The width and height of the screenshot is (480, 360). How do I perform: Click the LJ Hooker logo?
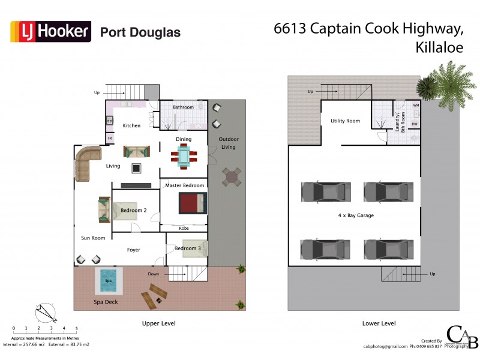click(x=50, y=31)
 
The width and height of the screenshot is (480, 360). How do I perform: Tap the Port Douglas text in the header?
click(x=140, y=32)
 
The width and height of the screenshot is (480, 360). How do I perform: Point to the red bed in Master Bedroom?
click(x=193, y=202)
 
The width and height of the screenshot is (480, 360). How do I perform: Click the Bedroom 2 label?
click(x=134, y=211)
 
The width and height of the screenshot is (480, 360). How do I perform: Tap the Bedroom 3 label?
click(x=188, y=248)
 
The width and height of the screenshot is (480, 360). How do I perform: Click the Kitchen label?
click(x=131, y=125)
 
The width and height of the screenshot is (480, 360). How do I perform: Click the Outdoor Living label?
click(x=227, y=143)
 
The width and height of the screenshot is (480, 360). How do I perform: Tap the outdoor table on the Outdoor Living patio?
click(x=232, y=176)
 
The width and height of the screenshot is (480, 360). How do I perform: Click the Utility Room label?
click(x=345, y=121)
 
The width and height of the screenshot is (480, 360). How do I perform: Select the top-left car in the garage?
click(x=324, y=192)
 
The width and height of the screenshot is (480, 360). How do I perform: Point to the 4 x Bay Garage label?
click(x=356, y=215)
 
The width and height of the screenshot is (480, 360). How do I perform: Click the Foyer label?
click(x=133, y=250)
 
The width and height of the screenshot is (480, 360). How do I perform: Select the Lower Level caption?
click(x=379, y=323)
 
